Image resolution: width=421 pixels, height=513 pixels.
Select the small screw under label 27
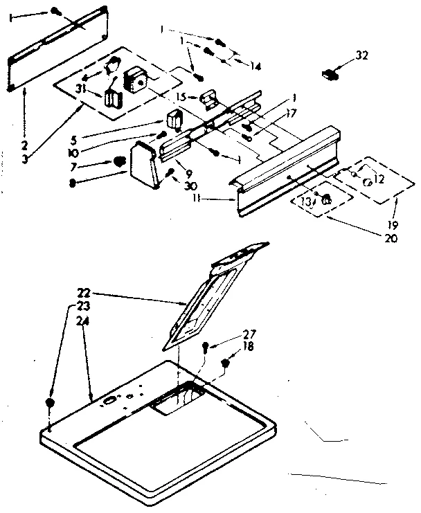pos(206,348)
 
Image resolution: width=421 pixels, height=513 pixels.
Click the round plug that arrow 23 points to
pos(49,403)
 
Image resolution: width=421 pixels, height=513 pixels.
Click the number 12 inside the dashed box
pos(377,180)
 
